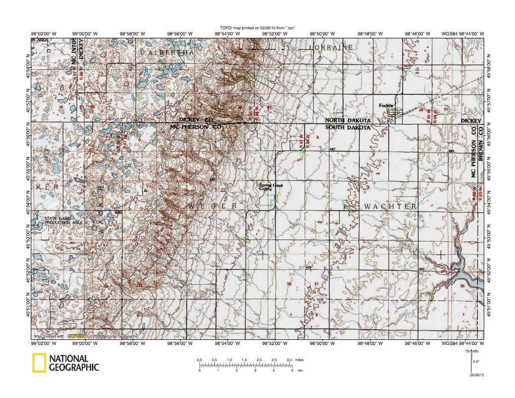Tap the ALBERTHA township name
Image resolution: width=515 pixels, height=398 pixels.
coord(170,53)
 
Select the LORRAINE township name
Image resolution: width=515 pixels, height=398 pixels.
coord(331,47)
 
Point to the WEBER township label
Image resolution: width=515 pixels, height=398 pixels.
coord(213,207)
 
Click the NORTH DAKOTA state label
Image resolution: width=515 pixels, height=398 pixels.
coord(348,121)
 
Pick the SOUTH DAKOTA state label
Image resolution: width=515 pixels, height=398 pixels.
coord(348,128)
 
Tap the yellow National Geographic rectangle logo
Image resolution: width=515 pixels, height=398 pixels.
coord(39,363)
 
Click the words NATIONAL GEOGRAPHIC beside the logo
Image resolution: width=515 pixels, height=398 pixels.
coord(74,363)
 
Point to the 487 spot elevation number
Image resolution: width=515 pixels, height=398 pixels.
coord(332,150)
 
